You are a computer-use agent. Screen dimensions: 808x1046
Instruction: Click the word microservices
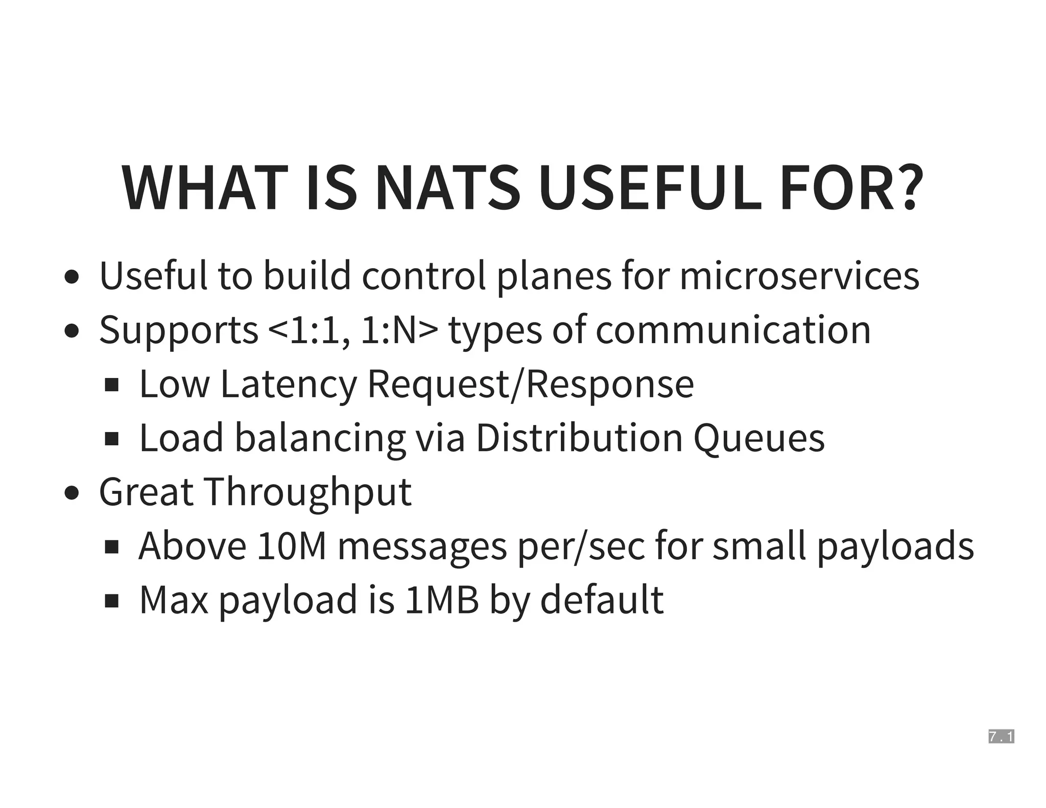coord(799,276)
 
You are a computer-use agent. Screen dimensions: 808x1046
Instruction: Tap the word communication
coord(733,330)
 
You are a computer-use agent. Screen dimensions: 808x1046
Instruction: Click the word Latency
coord(289,384)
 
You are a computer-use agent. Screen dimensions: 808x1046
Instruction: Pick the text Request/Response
coord(531,384)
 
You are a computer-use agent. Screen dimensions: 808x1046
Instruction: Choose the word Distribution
coord(579,438)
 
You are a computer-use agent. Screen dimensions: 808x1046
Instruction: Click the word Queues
coord(759,438)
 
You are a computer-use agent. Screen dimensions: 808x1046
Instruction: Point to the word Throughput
coord(308,492)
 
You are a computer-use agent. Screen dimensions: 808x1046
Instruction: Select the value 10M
coord(291,546)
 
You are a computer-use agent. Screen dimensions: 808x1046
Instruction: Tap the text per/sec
coord(581,546)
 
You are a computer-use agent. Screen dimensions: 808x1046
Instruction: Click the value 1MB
coord(442,600)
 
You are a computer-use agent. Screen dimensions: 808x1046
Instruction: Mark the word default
coord(602,600)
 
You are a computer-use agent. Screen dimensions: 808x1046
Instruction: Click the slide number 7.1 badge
coord(1001,736)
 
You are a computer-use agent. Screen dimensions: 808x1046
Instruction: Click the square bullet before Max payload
coord(111,601)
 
